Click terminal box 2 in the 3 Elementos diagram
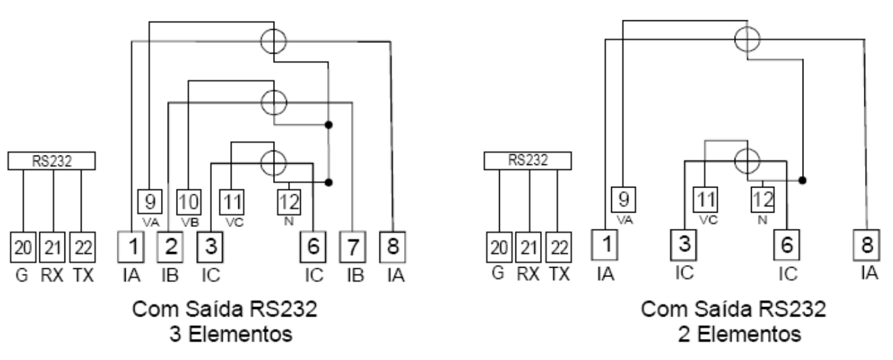[x=170, y=247]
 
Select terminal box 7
[x=353, y=247]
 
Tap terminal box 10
[x=189, y=202]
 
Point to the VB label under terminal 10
[x=190, y=222]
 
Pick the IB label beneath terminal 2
[x=170, y=275]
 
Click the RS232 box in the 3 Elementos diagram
[x=52, y=161]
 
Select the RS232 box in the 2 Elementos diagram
[x=528, y=161]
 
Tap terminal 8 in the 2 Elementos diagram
[x=867, y=245]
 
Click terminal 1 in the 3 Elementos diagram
[x=131, y=247]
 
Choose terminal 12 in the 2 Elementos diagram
[x=763, y=200]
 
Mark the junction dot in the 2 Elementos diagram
[x=803, y=180]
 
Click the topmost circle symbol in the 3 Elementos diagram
[x=274, y=41]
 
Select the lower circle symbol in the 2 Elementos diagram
[x=747, y=161]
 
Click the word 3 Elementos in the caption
[x=231, y=334]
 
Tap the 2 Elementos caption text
[x=740, y=334]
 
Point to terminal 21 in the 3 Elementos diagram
[x=52, y=247]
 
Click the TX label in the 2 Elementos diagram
[x=559, y=274]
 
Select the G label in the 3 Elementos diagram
[x=22, y=275]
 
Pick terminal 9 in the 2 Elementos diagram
[x=623, y=200]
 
